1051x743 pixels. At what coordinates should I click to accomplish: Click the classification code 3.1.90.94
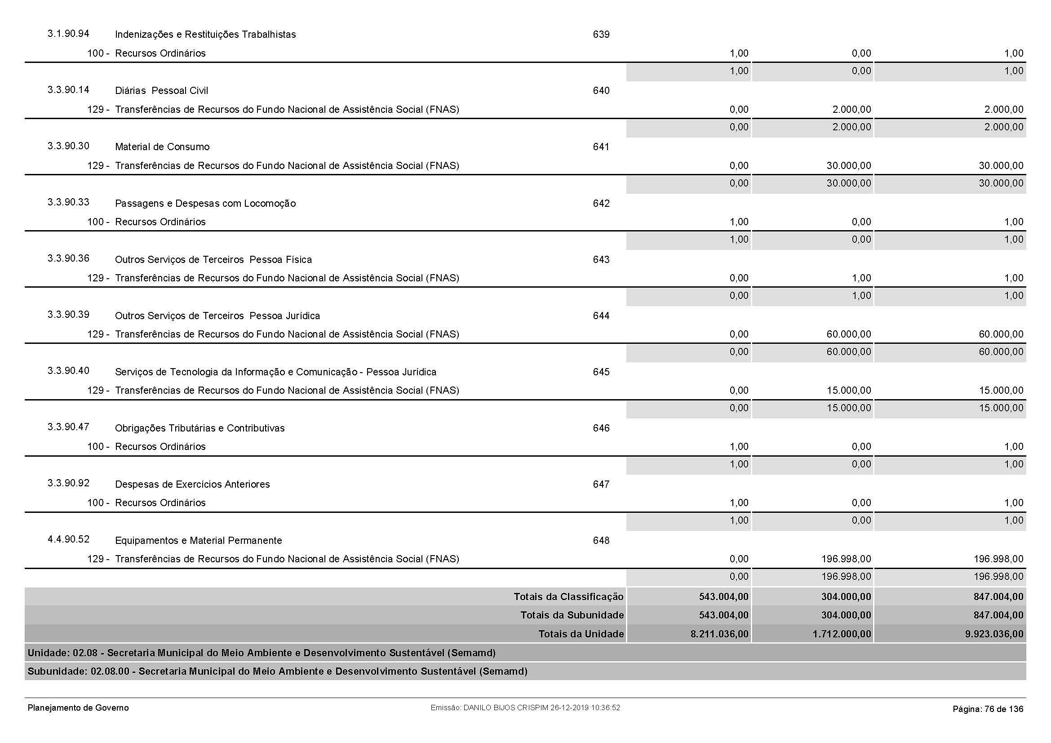pyautogui.click(x=68, y=34)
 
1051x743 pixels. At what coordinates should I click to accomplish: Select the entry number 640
pyautogui.click(x=601, y=91)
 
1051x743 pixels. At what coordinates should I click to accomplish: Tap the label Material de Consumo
pyautogui.click(x=162, y=147)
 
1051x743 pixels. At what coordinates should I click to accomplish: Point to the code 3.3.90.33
pyautogui.click(x=68, y=202)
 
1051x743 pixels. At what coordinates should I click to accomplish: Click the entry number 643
pyautogui.click(x=601, y=259)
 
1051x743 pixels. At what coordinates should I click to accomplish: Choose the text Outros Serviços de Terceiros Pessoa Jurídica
pyautogui.click(x=217, y=316)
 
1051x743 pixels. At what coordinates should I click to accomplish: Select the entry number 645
pyautogui.click(x=601, y=372)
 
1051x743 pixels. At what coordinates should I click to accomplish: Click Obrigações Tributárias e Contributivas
pyautogui.click(x=200, y=428)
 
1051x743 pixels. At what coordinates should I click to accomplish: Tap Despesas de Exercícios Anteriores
pyautogui.click(x=192, y=485)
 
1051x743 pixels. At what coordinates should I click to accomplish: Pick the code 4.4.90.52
pyautogui.click(x=68, y=539)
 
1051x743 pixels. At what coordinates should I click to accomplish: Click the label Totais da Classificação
pyautogui.click(x=568, y=596)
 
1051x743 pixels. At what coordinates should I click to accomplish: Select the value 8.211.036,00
pyautogui.click(x=719, y=634)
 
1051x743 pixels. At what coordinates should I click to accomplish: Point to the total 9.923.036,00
pyautogui.click(x=994, y=634)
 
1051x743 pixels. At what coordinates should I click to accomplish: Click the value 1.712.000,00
pyautogui.click(x=841, y=634)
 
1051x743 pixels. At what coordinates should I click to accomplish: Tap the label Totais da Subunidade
pyautogui.click(x=572, y=615)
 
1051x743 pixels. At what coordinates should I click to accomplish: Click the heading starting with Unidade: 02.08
pyautogui.click(x=262, y=653)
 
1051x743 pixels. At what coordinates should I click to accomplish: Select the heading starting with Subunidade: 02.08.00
pyautogui.click(x=277, y=672)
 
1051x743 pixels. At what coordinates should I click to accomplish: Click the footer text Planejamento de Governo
pyautogui.click(x=78, y=708)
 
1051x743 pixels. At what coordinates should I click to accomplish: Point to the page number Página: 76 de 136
pyautogui.click(x=987, y=709)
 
